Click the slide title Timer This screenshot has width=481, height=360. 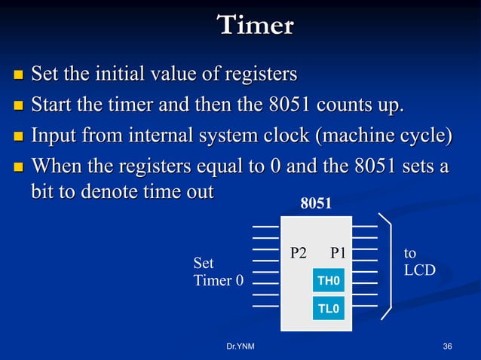[255, 25]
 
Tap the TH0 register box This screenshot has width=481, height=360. [329, 281]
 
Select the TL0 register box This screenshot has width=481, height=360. [329, 308]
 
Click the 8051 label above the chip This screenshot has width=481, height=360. [316, 203]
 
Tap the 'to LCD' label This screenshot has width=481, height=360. [418, 261]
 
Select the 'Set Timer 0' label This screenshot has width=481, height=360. [219, 273]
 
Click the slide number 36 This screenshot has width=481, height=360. [448, 346]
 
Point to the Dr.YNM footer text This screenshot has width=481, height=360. [240, 346]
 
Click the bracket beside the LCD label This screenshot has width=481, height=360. [388, 265]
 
